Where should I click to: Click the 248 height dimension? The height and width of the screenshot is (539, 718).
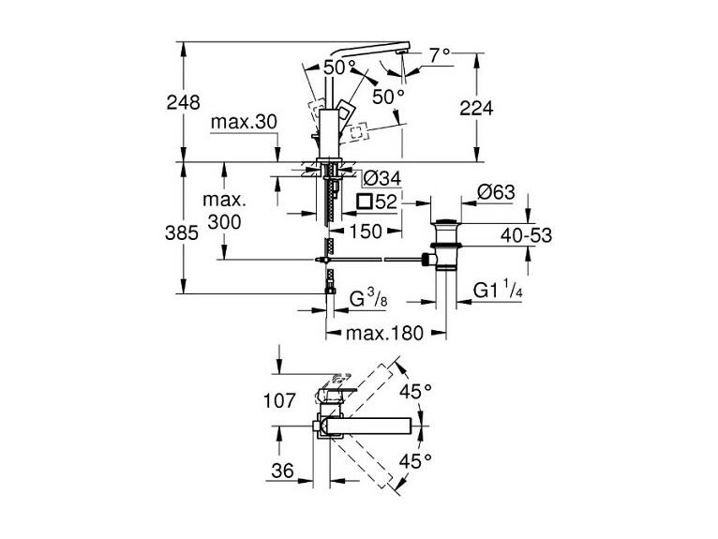tap(183, 102)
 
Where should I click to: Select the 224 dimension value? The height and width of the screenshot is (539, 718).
tap(476, 109)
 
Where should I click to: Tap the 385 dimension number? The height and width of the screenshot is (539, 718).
tap(182, 233)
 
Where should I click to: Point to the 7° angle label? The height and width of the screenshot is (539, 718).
tap(439, 55)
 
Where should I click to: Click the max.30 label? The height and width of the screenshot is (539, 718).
tap(244, 122)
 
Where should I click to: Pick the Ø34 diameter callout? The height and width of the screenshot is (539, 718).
tap(381, 179)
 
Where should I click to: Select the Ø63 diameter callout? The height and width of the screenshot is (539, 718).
tap(496, 192)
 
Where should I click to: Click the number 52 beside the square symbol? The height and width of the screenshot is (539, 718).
tap(386, 202)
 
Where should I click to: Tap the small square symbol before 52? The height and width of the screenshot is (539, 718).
tap(365, 202)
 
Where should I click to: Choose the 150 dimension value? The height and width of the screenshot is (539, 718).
tap(366, 232)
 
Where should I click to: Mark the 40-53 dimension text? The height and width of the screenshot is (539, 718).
tap(526, 236)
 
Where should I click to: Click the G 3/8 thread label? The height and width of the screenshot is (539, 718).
tap(368, 299)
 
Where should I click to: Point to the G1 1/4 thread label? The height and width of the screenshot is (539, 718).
tap(498, 291)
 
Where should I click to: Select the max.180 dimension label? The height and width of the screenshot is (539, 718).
tap(384, 334)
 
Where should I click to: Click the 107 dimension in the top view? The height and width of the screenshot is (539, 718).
tap(279, 401)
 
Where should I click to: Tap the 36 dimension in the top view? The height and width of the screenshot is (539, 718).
tap(282, 471)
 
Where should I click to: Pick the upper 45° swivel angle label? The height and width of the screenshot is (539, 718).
tap(416, 392)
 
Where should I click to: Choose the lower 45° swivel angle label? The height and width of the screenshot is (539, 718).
tap(416, 460)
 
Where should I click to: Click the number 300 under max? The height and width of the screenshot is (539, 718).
tap(224, 222)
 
